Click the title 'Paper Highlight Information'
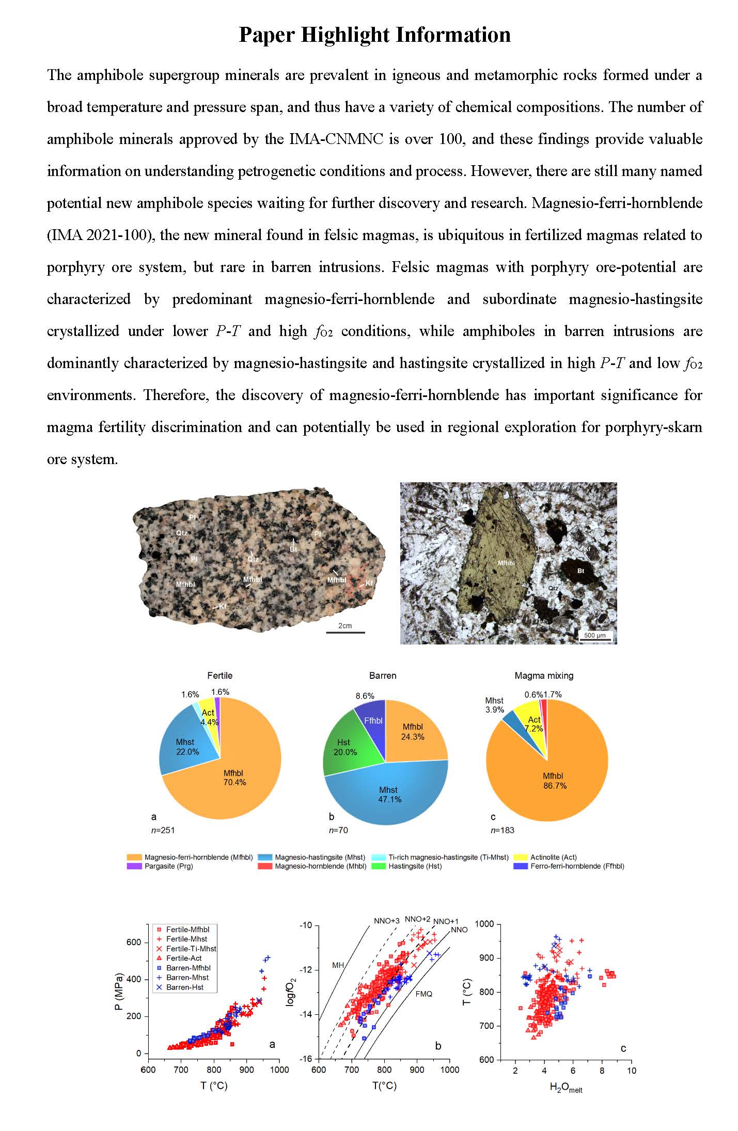pyautogui.click(x=374, y=35)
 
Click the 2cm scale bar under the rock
pyautogui.click(x=345, y=631)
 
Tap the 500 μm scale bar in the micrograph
pyautogui.click(x=594, y=640)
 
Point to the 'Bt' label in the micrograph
pyautogui.click(x=580, y=571)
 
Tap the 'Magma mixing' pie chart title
pyautogui.click(x=544, y=675)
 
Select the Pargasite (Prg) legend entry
pyautogui.click(x=168, y=866)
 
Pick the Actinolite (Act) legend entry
pyautogui.click(x=553, y=857)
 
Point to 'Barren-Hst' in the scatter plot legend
pyautogui.click(x=184, y=987)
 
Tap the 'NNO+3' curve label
pyautogui.click(x=387, y=920)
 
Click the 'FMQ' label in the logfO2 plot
pyautogui.click(x=423, y=993)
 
